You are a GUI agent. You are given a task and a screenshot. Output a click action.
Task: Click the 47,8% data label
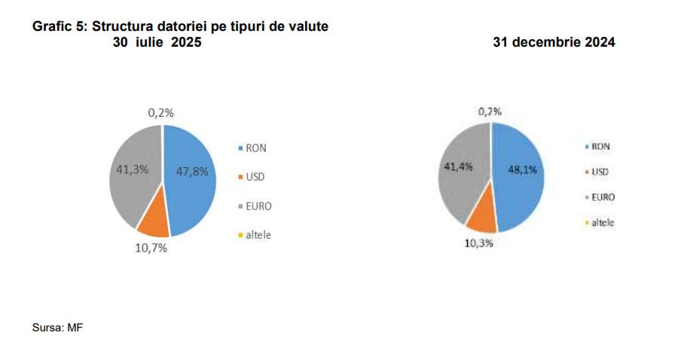point(191,171)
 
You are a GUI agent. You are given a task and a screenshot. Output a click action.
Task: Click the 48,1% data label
point(522,170)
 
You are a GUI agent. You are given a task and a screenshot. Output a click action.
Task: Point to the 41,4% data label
point(457,166)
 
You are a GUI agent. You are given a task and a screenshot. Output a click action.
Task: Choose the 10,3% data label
point(479,243)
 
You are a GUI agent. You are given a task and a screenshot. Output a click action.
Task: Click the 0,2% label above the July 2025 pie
point(160,113)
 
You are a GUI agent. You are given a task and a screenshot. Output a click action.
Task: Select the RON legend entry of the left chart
point(252,148)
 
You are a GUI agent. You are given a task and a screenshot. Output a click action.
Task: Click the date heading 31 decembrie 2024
point(554,43)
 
